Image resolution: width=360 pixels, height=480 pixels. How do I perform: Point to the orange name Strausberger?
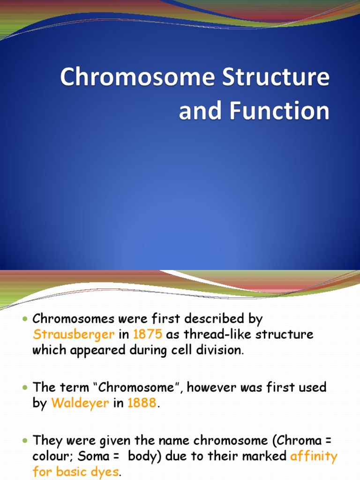tap(73, 335)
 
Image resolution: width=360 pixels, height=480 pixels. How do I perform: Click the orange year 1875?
tap(148, 335)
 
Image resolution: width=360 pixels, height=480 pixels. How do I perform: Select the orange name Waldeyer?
tap(80, 403)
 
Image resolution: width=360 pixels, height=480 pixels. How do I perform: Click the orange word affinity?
tap(314, 456)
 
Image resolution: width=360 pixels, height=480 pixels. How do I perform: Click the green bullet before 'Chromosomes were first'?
tap(25, 319)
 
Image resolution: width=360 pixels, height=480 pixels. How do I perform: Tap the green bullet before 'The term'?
tap(25, 388)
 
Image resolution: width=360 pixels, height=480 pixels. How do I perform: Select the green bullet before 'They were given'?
tap(25, 441)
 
